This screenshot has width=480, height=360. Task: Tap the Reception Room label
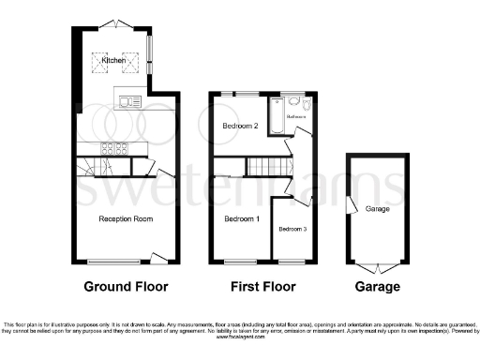126,218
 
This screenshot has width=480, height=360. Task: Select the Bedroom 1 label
242,219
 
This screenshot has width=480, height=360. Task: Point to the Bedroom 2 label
240,125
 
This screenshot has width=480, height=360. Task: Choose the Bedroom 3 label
292,230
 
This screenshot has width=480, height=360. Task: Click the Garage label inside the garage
378,208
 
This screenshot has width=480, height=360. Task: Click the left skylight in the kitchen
99,63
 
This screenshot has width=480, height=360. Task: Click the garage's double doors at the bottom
378,263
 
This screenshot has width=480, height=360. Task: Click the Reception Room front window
111,262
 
